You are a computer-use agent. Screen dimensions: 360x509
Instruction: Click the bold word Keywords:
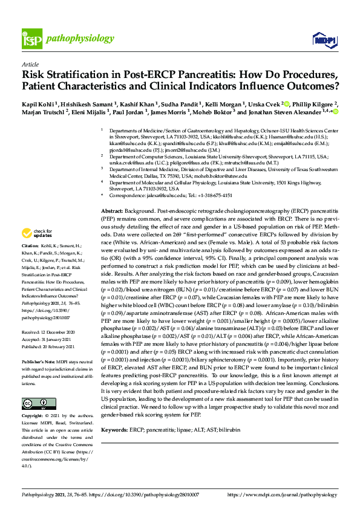tap(115, 429)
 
